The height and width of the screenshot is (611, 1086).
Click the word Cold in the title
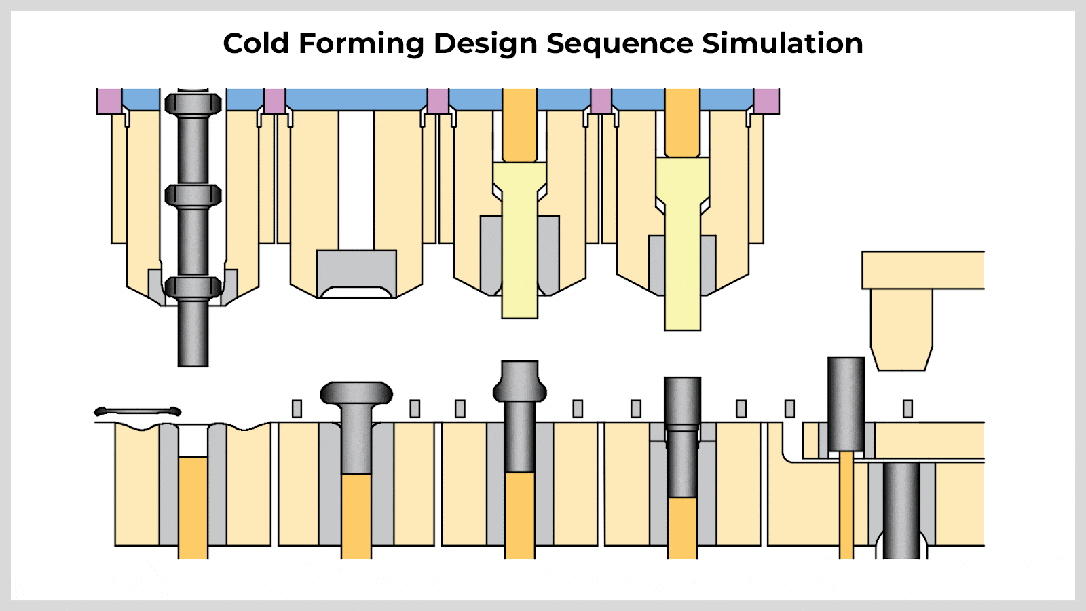pyautogui.click(x=256, y=43)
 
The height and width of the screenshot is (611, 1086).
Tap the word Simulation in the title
pyautogui.click(x=783, y=43)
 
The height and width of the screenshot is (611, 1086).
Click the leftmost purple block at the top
pyautogui.click(x=109, y=101)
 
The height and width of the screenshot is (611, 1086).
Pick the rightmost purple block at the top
pyautogui.click(x=766, y=101)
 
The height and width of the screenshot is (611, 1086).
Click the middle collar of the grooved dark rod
pyautogui.click(x=193, y=196)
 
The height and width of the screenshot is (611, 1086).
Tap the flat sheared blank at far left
pyautogui.click(x=138, y=411)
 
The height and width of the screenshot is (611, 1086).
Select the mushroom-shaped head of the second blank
pyautogui.click(x=356, y=393)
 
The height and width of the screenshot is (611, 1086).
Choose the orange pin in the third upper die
pyautogui.click(x=520, y=125)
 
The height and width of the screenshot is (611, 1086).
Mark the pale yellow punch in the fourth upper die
pyautogui.click(x=683, y=244)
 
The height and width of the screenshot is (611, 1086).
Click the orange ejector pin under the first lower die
pyautogui.click(x=193, y=507)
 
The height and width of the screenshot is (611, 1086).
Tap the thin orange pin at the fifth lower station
pyautogui.click(x=846, y=505)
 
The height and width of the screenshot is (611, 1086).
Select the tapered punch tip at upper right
pyautogui.click(x=902, y=330)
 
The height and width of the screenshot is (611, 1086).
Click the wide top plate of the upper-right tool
pyautogui.click(x=923, y=270)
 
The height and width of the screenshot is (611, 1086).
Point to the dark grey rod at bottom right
pyautogui.click(x=901, y=511)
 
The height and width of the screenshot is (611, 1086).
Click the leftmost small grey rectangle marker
pyautogui.click(x=297, y=409)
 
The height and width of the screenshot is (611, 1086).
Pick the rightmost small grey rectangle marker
pyautogui.click(x=908, y=409)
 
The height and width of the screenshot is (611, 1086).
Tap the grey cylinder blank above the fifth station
pyautogui.click(x=846, y=405)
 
